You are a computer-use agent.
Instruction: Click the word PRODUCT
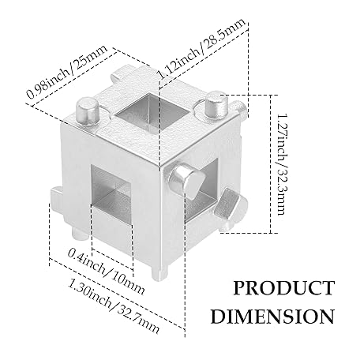tap(284, 288)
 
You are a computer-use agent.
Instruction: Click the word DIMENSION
tap(272, 316)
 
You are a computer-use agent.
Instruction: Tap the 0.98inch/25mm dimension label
tap(67, 72)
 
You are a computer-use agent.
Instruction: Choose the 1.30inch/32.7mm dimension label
tap(114, 306)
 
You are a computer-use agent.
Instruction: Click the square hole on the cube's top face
tap(152, 112)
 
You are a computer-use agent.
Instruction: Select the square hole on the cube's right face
tap(203, 189)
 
